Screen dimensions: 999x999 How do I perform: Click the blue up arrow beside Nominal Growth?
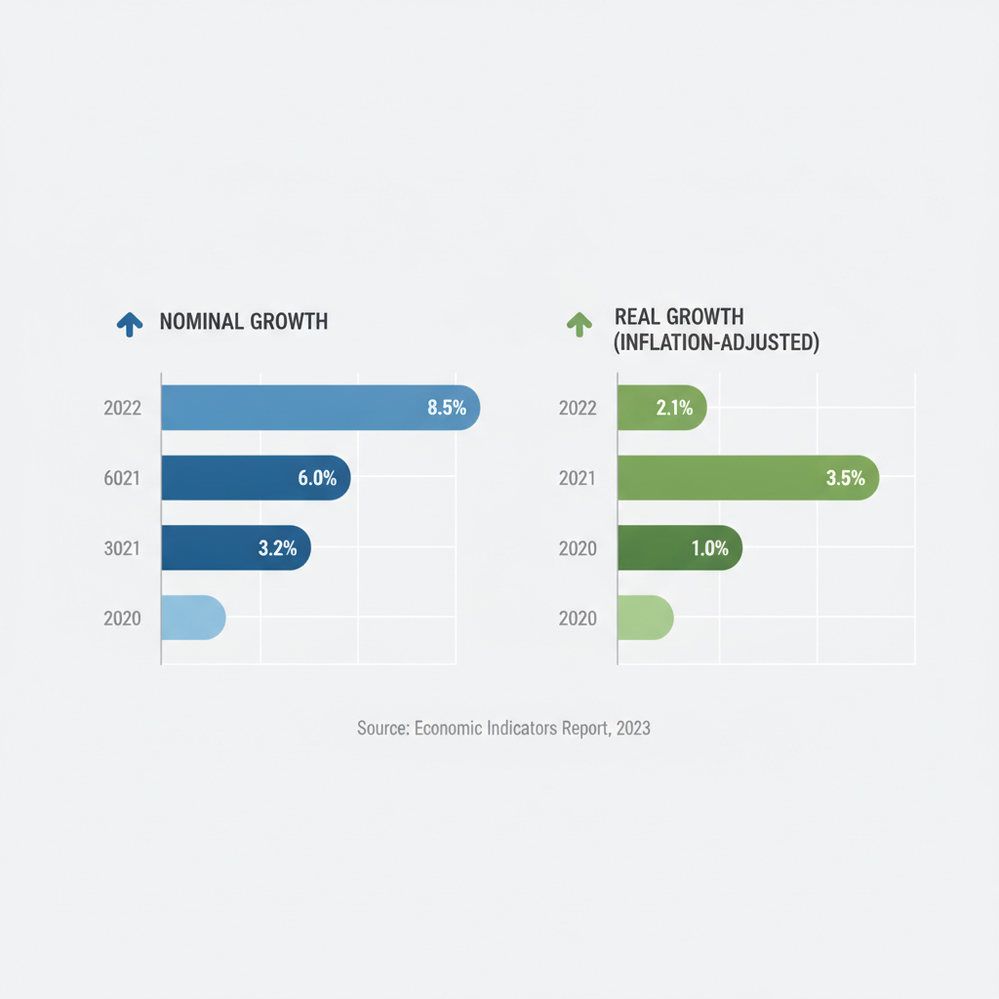(x=130, y=324)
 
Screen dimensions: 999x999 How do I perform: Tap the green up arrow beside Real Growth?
(x=579, y=324)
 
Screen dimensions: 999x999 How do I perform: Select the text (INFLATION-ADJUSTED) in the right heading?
(x=716, y=342)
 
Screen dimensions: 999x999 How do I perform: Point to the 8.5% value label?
(x=447, y=408)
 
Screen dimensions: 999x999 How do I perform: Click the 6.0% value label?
(x=317, y=478)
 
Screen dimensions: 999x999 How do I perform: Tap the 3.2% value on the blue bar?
(x=277, y=548)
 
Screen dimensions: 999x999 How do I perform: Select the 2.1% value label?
(x=675, y=408)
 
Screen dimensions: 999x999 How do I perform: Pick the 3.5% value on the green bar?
(x=846, y=478)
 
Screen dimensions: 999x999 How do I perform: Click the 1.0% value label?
(x=710, y=548)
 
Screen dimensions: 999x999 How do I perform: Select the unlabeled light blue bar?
(x=194, y=618)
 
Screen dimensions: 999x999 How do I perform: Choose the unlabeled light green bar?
(x=646, y=618)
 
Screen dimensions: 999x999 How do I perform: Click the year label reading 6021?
(x=122, y=478)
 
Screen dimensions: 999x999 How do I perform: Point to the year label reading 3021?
(x=122, y=548)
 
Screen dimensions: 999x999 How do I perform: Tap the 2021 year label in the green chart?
(x=578, y=478)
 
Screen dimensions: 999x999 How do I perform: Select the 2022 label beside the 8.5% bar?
(x=122, y=408)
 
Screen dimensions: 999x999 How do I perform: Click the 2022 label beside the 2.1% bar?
(x=578, y=408)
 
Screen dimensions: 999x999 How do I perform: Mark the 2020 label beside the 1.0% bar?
(x=578, y=548)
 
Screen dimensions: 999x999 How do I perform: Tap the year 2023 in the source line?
(x=633, y=728)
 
